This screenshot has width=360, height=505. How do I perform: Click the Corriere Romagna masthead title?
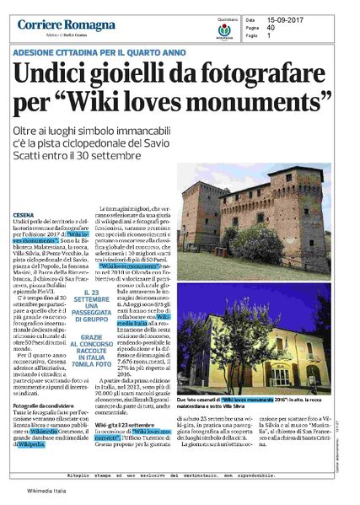[x=67, y=24]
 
